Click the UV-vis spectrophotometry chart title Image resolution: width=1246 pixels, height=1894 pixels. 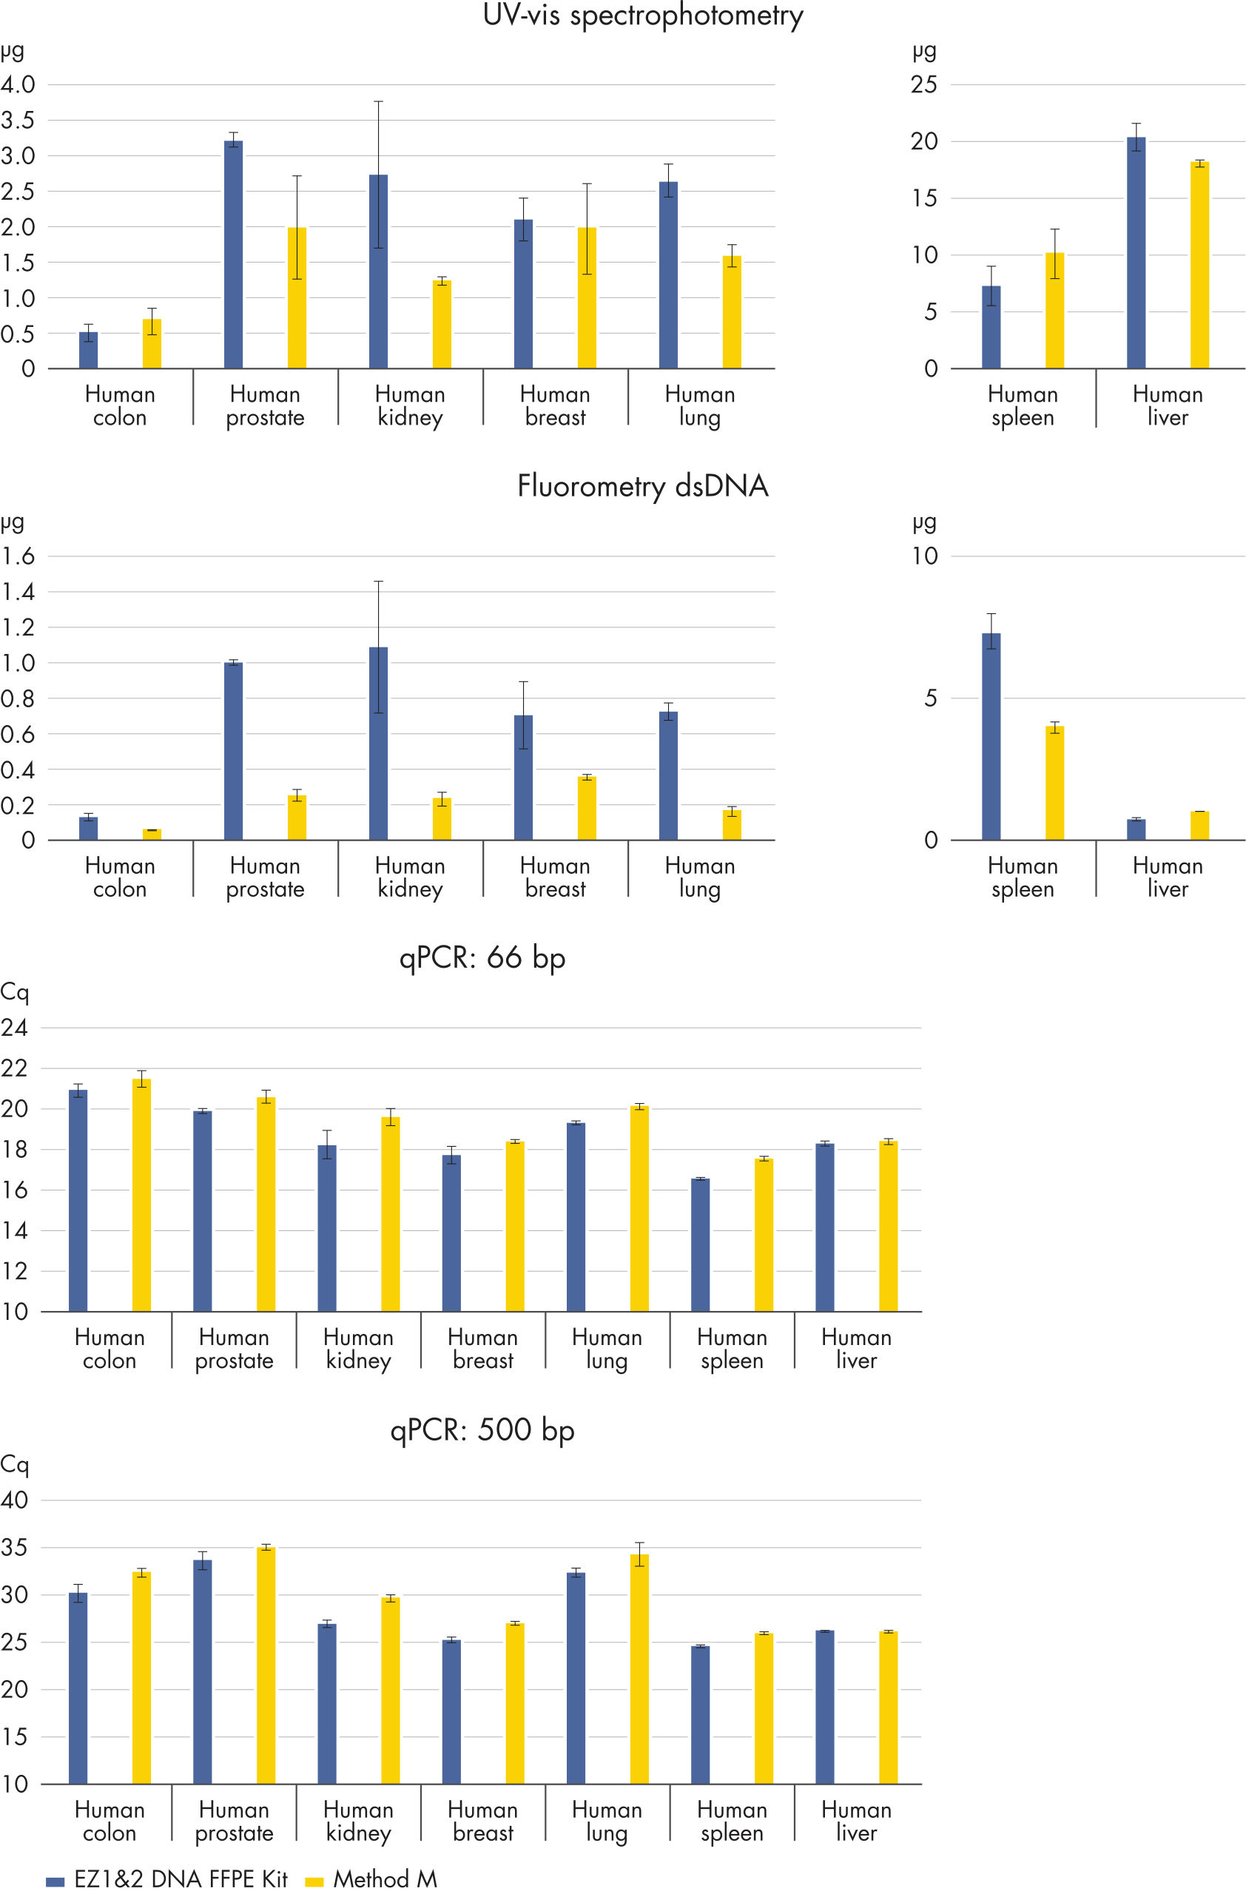[x=643, y=16]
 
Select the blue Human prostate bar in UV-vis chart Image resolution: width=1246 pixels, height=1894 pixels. [x=233, y=255]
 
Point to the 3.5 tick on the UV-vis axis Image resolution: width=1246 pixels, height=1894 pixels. [x=18, y=120]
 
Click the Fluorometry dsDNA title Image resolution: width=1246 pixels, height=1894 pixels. [x=643, y=486]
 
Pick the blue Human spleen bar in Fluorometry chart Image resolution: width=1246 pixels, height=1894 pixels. [x=991, y=736]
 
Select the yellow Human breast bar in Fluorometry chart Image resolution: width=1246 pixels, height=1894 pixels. [x=587, y=808]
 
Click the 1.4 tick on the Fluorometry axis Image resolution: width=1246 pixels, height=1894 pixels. [x=18, y=591]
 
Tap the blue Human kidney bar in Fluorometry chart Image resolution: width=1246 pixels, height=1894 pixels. [x=378, y=744]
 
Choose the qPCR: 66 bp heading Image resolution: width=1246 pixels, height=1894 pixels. [x=482, y=957]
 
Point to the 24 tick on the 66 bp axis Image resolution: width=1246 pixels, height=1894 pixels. [x=14, y=1028]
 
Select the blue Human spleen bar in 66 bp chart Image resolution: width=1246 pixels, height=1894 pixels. [x=700, y=1244]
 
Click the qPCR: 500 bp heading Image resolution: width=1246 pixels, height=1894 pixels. [x=482, y=1430]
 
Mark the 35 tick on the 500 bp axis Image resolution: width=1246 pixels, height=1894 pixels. [x=14, y=1548]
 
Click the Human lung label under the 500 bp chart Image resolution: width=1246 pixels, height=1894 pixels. [x=606, y=1821]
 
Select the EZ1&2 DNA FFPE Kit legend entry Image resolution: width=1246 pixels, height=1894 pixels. [x=167, y=1880]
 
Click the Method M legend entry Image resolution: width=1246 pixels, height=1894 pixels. [x=371, y=1880]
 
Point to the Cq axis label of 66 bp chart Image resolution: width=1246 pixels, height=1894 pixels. [x=14, y=992]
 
